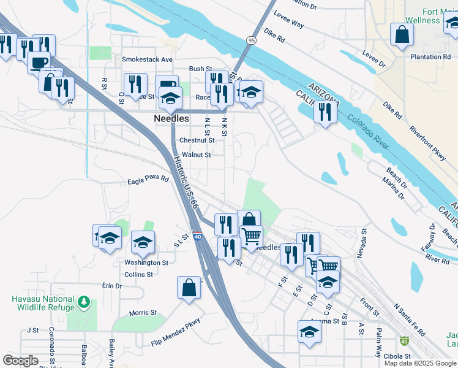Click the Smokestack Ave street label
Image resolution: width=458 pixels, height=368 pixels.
[147, 59]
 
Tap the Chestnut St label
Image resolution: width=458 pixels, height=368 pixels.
[197, 140]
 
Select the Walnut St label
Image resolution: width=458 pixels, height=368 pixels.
[197, 155]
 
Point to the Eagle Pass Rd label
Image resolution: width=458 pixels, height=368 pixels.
[148, 181]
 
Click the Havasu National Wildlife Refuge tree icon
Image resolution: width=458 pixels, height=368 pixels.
[84, 302]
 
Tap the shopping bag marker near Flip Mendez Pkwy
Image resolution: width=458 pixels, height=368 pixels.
[189, 288]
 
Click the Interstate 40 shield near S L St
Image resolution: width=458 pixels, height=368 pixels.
[197, 235]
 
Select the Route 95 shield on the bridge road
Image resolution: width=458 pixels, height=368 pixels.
[252, 40]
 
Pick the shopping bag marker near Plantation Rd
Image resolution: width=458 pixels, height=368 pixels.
[402, 36]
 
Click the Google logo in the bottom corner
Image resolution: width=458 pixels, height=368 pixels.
[20, 361]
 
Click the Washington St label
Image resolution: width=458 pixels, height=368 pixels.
[146, 263]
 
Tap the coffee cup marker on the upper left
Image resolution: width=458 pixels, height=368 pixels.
[39, 63]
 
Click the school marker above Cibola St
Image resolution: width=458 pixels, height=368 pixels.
[310, 332]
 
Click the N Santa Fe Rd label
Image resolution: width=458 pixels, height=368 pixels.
[410, 320]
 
